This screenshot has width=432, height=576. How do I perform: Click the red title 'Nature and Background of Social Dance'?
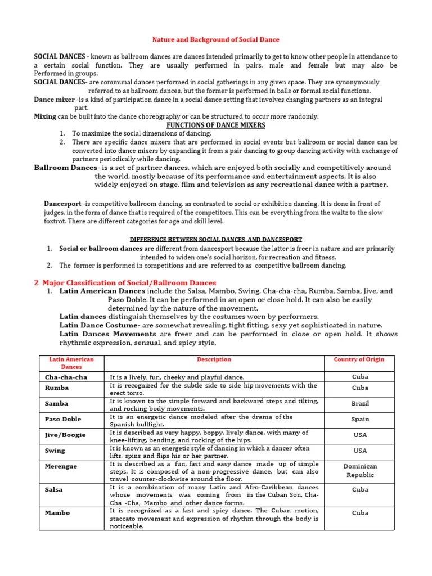(216, 40)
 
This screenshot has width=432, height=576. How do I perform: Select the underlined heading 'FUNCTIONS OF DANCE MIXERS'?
(216, 125)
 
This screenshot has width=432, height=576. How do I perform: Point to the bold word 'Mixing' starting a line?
(45, 116)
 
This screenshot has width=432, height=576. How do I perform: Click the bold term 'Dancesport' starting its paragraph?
(62, 204)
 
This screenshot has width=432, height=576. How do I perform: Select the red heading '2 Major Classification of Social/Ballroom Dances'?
(125, 282)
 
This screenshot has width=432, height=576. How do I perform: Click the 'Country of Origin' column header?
(359, 359)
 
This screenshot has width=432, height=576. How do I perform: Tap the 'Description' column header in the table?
(214, 359)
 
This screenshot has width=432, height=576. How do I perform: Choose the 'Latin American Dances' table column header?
(71, 363)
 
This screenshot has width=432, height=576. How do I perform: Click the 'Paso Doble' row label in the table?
(64, 419)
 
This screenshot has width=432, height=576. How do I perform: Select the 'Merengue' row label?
(62, 466)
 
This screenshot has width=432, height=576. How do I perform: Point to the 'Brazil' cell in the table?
(360, 403)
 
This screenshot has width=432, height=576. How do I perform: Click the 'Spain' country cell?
(360, 419)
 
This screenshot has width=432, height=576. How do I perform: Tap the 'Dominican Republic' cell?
(360, 471)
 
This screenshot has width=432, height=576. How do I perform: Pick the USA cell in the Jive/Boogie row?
(360, 435)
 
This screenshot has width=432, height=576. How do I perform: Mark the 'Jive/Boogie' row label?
(65, 435)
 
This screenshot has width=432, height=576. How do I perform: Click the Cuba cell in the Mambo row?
(360, 513)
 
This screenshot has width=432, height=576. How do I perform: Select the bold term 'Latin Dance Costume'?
(98, 325)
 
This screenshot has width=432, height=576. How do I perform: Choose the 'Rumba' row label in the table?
(57, 388)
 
